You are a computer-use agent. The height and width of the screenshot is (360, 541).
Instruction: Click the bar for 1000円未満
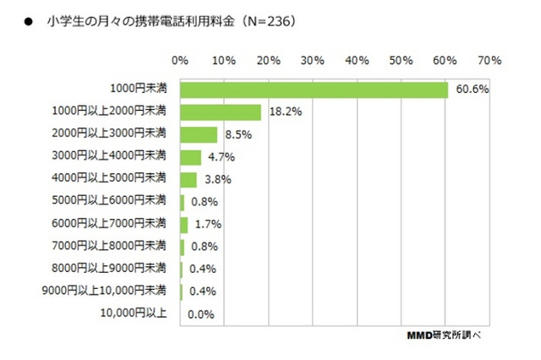click(314, 90)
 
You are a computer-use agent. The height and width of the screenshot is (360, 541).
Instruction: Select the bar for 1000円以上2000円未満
click(221, 112)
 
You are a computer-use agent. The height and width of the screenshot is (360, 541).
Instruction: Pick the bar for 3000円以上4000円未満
click(190, 157)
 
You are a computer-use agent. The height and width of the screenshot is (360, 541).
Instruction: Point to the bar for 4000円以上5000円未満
click(189, 179)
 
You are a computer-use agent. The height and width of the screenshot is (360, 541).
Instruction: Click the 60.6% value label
click(473, 90)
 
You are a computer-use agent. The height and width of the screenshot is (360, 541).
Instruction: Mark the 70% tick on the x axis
click(489, 61)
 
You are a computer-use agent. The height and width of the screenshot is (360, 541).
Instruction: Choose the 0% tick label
click(179, 61)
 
